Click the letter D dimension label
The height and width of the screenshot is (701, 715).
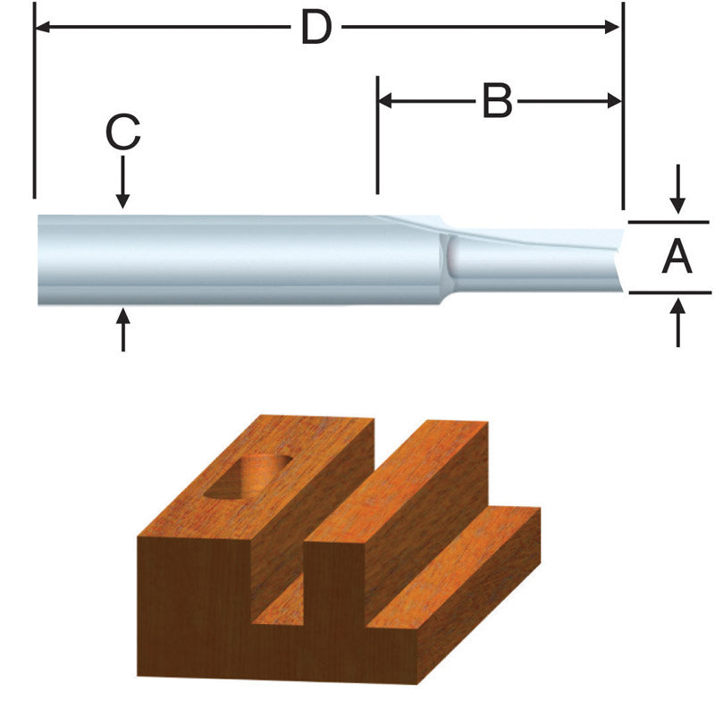[x=315, y=29]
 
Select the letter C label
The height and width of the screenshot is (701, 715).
[x=123, y=135]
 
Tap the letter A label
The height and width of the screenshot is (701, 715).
[x=677, y=258]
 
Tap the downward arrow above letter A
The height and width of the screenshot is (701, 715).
[x=678, y=191]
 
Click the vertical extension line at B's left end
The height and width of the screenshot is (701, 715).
[x=377, y=134]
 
